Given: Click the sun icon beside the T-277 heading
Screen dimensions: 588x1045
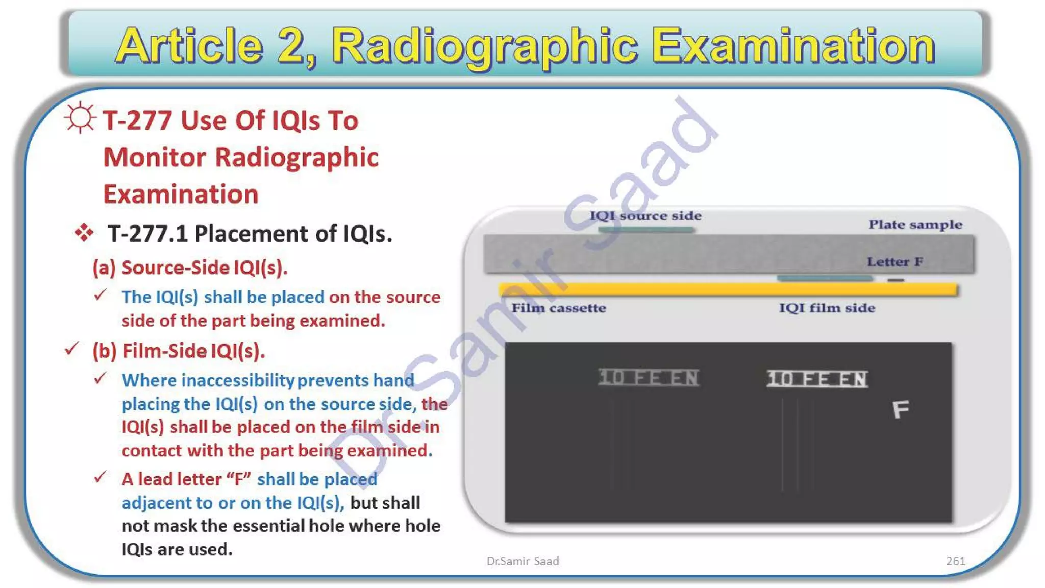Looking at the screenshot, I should click(x=80, y=118).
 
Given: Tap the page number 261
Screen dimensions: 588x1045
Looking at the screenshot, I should click(x=955, y=561).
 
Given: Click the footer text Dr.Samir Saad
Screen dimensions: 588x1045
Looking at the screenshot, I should click(x=522, y=561).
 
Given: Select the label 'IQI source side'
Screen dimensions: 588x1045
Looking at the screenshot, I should click(x=645, y=215).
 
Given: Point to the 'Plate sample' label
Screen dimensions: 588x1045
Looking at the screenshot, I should click(x=915, y=225).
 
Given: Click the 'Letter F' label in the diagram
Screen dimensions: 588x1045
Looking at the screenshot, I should click(x=894, y=262).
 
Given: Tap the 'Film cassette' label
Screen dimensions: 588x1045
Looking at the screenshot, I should click(x=559, y=308).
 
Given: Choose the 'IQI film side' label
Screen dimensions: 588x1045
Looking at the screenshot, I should click(x=827, y=308).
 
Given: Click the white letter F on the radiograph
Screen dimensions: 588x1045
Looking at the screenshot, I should click(x=901, y=409).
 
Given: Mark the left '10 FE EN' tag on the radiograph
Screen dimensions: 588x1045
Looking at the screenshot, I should click(x=649, y=378).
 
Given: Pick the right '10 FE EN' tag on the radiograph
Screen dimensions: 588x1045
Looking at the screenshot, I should click(x=817, y=379).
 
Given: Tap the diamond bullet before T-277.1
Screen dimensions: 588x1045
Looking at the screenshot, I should click(x=84, y=233).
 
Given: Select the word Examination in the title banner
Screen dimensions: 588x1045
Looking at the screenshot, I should click(x=793, y=46).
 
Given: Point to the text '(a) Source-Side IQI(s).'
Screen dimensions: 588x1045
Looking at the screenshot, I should click(x=190, y=267).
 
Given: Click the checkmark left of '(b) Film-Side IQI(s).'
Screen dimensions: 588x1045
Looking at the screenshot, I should click(x=71, y=349).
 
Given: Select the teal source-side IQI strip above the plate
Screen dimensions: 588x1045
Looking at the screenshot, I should click(x=646, y=230).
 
